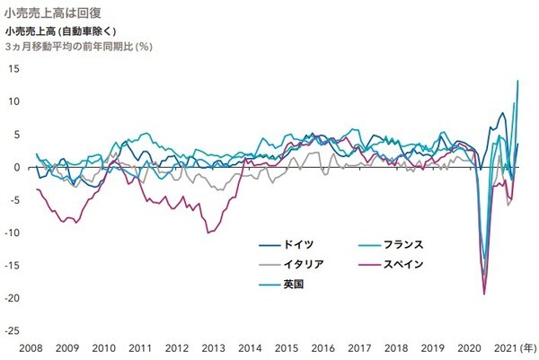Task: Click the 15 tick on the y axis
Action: pyautogui.click(x=14, y=68)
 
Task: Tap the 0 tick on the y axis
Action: pyautogui.click(x=17, y=167)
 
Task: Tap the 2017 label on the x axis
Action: pyautogui.click(x=358, y=347)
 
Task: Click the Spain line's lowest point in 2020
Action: pyautogui.click(x=484, y=294)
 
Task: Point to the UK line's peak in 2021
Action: pyautogui.click(x=517, y=81)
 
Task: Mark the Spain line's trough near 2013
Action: pyautogui.click(x=208, y=233)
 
